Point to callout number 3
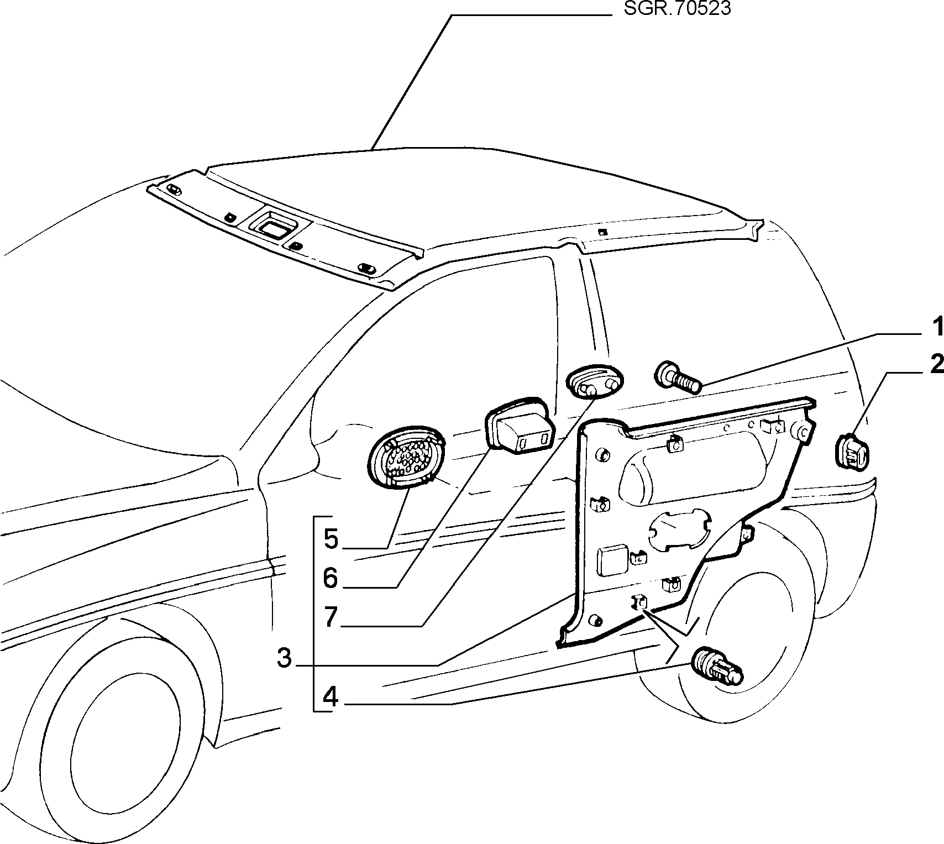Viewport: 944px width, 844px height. (x=284, y=658)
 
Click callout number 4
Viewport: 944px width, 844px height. (x=331, y=697)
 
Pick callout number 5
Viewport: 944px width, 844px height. (x=331, y=539)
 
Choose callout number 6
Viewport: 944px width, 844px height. (x=331, y=578)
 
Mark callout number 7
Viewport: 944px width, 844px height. (x=331, y=617)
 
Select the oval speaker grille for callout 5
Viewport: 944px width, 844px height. (x=407, y=454)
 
